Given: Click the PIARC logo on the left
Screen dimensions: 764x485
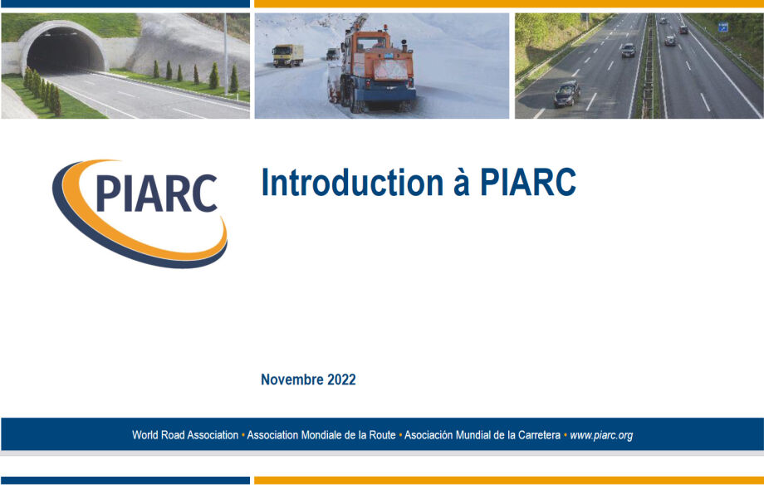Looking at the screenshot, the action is pos(140,213).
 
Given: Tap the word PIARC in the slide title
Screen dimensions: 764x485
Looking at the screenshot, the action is pos(528,183).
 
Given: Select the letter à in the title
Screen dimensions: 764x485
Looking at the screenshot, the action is pos(462,183).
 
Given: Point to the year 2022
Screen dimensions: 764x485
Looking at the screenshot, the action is pos(341,380).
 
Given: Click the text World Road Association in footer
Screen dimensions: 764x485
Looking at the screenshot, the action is pos(185,435).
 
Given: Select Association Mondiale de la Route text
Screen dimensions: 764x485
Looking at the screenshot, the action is pos(321,435).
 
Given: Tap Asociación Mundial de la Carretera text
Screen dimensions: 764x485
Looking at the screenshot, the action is pos(482,435).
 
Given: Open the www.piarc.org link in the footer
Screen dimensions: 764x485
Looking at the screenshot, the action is pos(601,435).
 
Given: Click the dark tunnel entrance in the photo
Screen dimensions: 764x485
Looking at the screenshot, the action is pos(65,50).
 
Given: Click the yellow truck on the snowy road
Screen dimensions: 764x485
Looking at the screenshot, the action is pos(288,56).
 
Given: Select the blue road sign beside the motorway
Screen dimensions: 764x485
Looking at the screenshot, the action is pos(723,27).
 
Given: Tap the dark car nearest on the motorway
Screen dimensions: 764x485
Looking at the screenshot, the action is pos(566,94).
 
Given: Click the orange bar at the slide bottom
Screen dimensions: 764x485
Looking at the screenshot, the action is pos(509,480).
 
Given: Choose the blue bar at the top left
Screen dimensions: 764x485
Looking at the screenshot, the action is pos(125,3).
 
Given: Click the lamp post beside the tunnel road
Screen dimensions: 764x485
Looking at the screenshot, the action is pos(226,54).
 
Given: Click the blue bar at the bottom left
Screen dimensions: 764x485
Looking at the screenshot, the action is pos(125,480).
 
